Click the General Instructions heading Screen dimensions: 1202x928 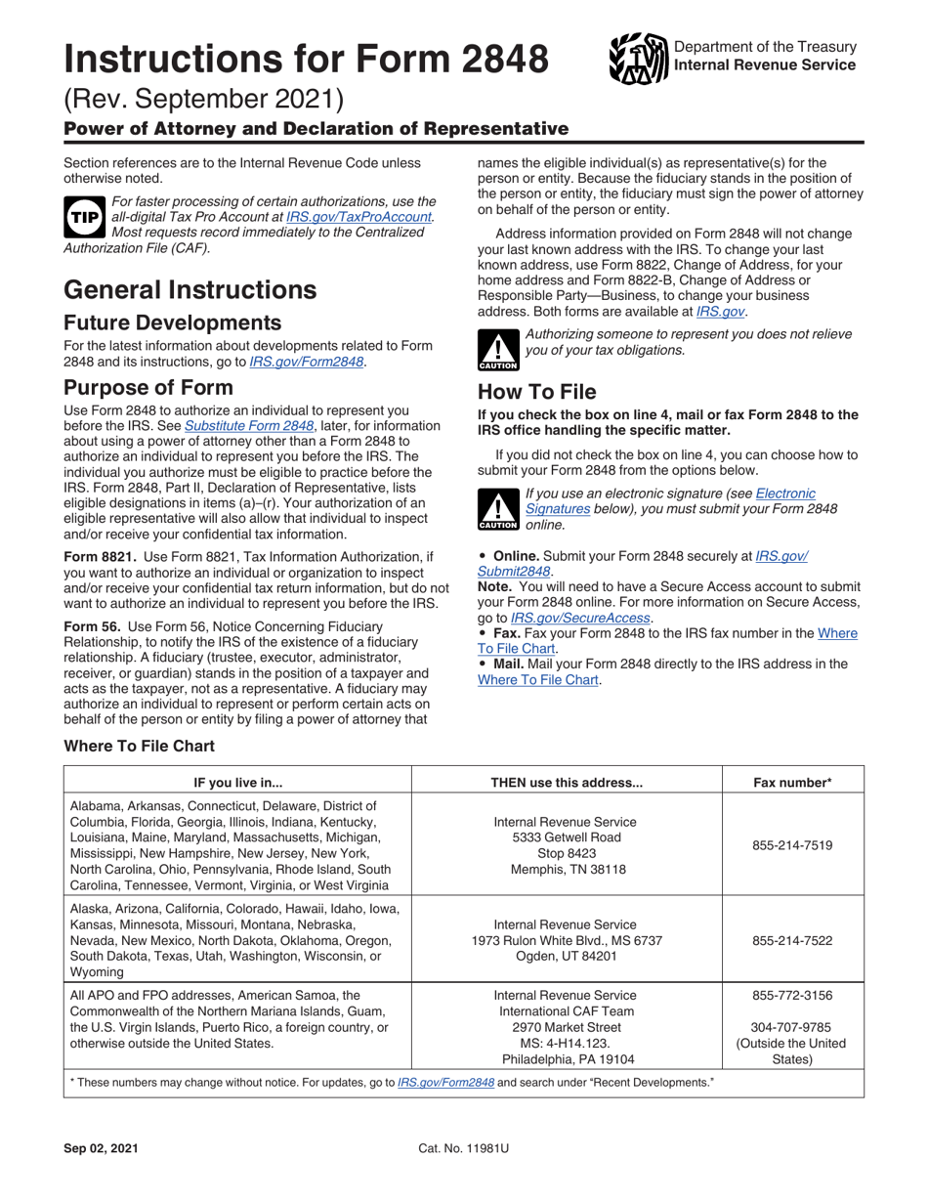pos(190,290)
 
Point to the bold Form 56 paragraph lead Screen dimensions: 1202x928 pos(92,624)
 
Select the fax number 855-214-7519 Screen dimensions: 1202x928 pos(792,845)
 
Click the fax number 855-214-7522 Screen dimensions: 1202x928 pos(792,939)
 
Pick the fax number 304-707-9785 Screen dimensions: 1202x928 pos(792,1019)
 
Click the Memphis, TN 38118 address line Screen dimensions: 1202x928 pos(566,870)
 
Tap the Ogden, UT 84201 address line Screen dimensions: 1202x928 pos(566,956)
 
